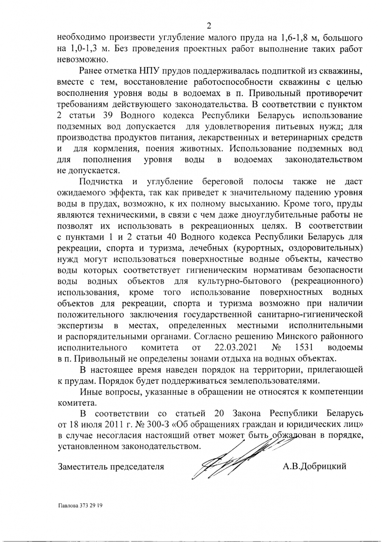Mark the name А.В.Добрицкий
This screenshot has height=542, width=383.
click(315, 467)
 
